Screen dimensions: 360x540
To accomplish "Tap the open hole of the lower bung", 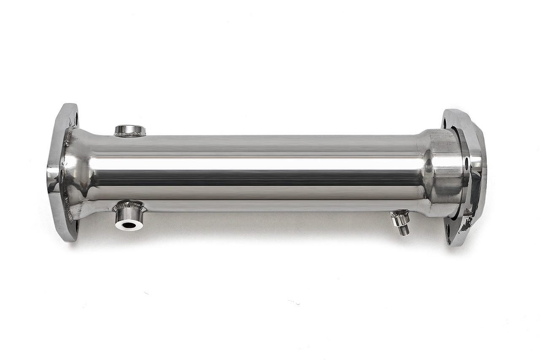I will (x=128, y=225).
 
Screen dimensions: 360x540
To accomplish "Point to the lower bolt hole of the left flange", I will (x=76, y=223).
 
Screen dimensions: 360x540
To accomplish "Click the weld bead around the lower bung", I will (x=129, y=207).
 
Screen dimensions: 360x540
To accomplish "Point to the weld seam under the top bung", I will (x=130, y=135).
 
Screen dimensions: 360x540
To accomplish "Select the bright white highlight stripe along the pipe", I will (x=253, y=162).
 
